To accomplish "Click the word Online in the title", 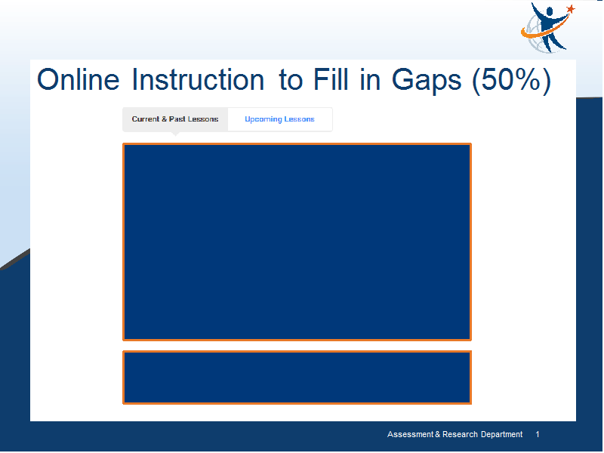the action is pos(79,79).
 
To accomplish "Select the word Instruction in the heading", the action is pos(198,79).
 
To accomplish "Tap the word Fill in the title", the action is pos(331,79).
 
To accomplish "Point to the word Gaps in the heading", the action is pos(427,82).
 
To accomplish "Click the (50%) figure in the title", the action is pos(512,80).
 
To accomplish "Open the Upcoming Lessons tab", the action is pos(279,119).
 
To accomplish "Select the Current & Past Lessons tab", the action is pos(175,119).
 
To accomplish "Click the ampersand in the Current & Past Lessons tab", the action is pos(164,119).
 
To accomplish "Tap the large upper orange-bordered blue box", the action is pos(297,242).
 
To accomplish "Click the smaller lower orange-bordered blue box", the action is pos(297,377).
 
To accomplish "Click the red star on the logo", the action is pos(571,9).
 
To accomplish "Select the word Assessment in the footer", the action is pos(410,435).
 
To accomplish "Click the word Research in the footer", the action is pos(460,435).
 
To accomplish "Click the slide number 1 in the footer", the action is pos(538,435).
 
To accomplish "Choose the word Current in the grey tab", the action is pos(146,119).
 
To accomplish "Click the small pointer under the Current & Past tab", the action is pos(175,134).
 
